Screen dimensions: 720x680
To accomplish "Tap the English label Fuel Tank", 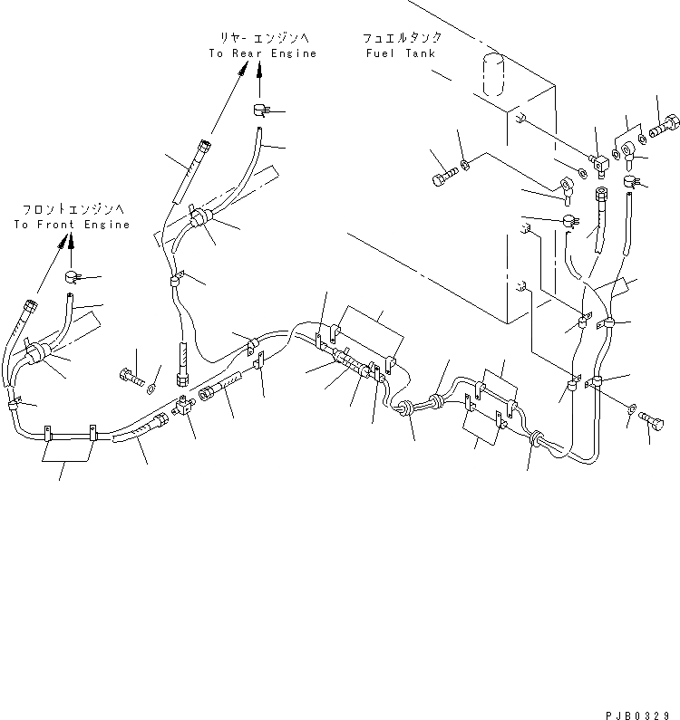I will coord(400,53).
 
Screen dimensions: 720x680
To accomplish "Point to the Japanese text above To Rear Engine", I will coord(263,37).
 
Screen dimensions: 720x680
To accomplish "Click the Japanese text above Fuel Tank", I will coord(402,38).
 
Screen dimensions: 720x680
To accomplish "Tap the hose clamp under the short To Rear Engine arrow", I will coord(260,110).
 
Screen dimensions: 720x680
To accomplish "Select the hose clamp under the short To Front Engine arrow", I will coord(73,274).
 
